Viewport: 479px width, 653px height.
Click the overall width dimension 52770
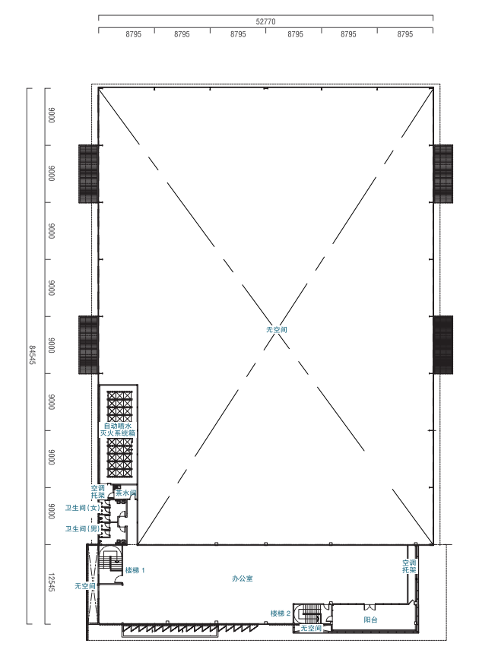tap(265, 21)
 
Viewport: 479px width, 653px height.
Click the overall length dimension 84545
tap(32, 355)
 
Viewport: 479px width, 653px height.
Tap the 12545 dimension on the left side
tap(51, 582)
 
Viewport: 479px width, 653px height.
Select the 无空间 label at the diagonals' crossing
tap(277, 329)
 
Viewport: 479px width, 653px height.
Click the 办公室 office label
tap(243, 579)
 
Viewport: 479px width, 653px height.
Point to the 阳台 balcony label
tap(370, 620)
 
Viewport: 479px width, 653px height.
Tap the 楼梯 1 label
tap(135, 570)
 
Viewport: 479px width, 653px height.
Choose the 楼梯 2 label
tap(281, 613)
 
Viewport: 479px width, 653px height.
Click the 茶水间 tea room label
tap(125, 493)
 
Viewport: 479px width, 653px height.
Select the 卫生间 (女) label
tap(82, 508)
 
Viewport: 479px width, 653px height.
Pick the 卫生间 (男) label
tap(82, 529)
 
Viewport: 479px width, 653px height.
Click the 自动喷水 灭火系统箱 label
tap(117, 430)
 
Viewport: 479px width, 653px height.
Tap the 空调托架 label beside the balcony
tap(409, 566)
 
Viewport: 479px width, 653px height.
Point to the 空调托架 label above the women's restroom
tap(98, 492)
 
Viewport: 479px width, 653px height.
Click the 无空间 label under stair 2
tap(311, 628)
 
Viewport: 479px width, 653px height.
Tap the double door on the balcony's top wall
tap(370, 607)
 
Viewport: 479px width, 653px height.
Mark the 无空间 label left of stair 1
tap(85, 586)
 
